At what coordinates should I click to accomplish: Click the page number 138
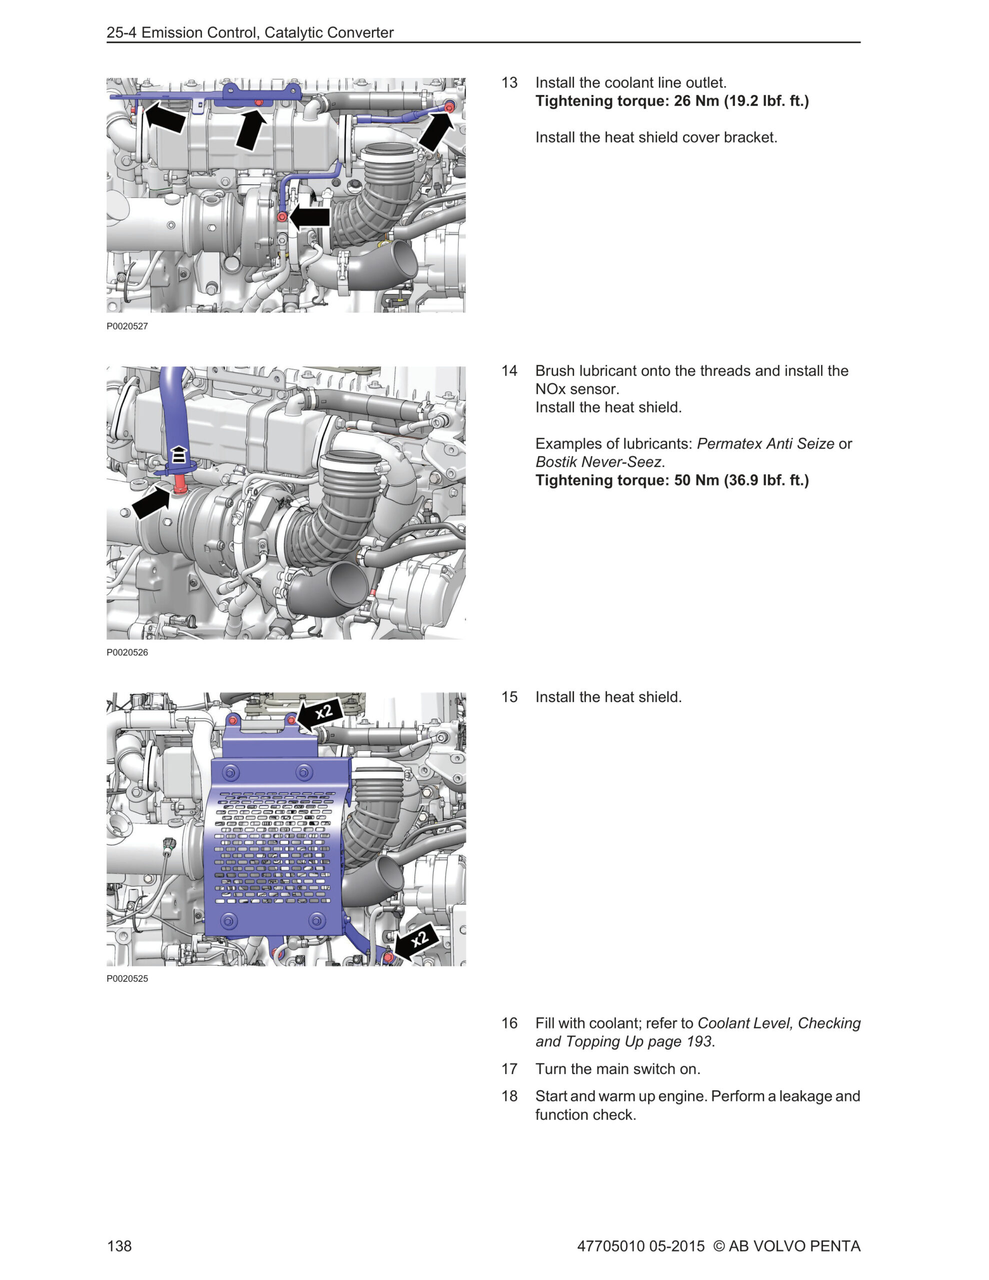tap(119, 1245)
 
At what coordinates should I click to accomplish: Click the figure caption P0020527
tap(127, 326)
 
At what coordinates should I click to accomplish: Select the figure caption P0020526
tap(127, 652)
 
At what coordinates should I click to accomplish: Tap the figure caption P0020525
tap(127, 978)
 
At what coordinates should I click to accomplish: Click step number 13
tap(509, 82)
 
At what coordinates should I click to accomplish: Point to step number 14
tap(509, 371)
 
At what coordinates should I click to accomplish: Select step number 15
tap(509, 697)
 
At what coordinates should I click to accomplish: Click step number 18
tap(509, 1096)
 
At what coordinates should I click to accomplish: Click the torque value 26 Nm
tap(696, 101)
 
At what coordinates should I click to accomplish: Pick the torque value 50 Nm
tap(696, 480)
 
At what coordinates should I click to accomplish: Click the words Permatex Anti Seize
tap(765, 443)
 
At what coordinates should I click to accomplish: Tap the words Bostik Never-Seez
tap(598, 462)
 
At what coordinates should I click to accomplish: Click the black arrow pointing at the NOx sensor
tap(150, 504)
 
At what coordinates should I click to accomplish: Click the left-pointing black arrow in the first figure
tap(310, 217)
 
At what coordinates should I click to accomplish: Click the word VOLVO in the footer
tap(778, 1245)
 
